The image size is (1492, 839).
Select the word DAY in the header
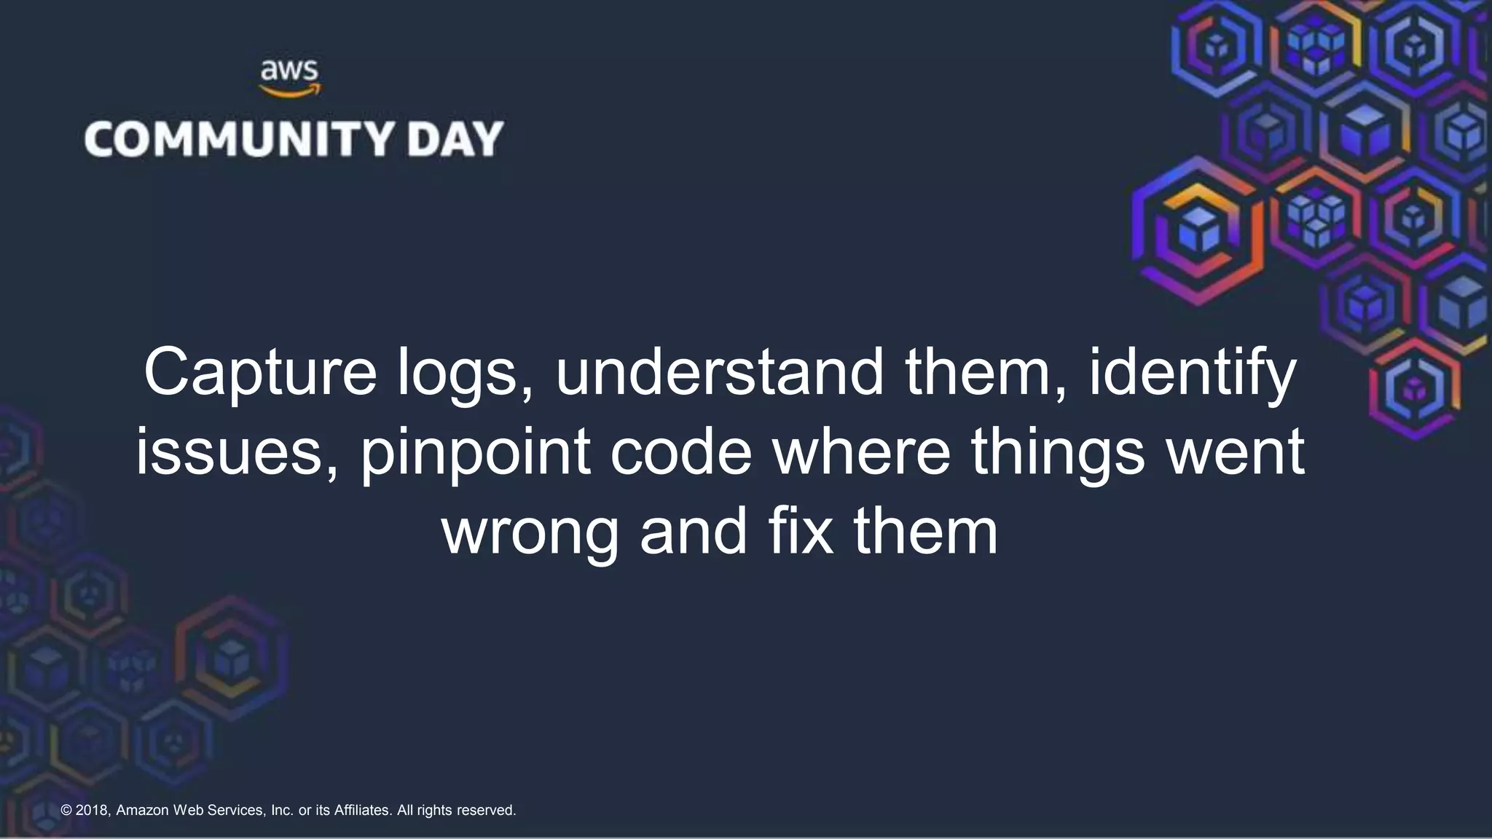pos(455,139)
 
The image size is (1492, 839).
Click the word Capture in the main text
pos(260,373)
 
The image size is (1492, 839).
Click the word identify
pos(1193,373)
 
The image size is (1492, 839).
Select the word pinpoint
pos(476,452)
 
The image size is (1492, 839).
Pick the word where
pos(861,452)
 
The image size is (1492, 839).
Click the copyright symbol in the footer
pos(66,811)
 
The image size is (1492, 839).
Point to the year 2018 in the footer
pos(93,811)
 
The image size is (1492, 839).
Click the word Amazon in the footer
pos(142,811)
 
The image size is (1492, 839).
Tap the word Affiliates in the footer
pos(362,811)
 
